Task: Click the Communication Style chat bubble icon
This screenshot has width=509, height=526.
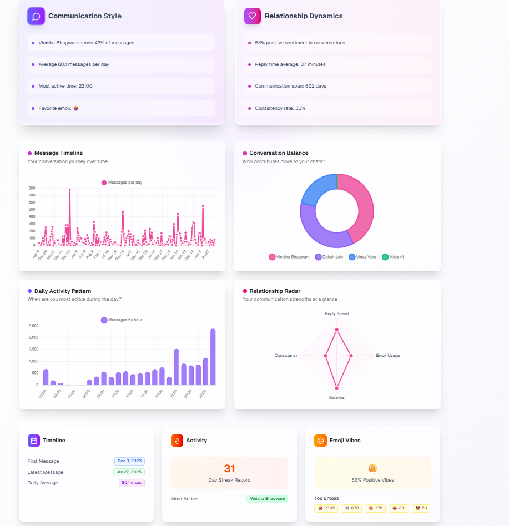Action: point(36,16)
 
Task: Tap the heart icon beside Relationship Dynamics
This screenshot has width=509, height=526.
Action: point(253,16)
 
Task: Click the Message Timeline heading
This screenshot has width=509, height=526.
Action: point(58,153)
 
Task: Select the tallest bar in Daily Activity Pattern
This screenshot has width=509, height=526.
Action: point(213,357)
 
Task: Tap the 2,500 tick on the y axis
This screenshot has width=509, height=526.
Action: point(33,326)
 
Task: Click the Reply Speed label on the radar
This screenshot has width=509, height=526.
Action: point(336,313)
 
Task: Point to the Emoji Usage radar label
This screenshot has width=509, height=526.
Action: point(387,355)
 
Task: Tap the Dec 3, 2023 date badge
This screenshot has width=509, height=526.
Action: point(129,461)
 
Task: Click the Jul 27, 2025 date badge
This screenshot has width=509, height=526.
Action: point(129,472)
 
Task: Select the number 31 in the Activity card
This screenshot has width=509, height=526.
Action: point(229,468)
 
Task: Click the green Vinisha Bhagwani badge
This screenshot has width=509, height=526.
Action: point(267,499)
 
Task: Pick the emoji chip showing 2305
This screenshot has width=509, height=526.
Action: point(326,508)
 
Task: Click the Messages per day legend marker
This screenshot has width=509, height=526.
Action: point(104,183)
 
